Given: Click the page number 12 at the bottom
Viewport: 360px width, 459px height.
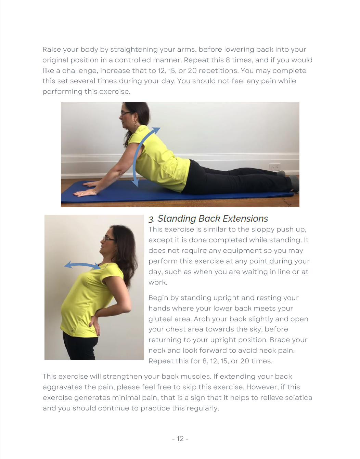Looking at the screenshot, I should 180,438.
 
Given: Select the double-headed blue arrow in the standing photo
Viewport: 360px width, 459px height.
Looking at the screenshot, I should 82,265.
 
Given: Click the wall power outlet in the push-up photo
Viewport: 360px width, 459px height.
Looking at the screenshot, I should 274,167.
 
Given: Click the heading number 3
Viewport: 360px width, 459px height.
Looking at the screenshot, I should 151,219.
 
